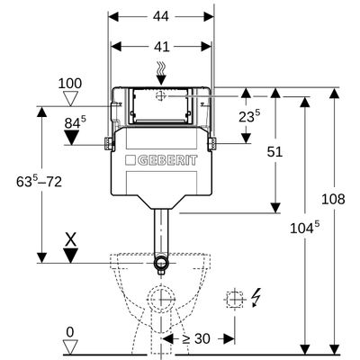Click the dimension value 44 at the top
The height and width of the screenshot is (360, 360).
161,16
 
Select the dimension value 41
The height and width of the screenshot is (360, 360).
162,47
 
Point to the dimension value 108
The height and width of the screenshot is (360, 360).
333,199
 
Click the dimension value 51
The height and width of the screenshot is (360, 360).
274,152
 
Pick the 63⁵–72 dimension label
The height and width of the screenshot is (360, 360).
39,181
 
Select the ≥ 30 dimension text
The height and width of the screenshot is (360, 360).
196,339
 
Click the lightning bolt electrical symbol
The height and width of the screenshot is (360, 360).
256,297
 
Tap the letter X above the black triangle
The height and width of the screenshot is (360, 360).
71,240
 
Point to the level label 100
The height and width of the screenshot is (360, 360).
70,84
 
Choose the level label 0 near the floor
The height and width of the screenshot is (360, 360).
70,332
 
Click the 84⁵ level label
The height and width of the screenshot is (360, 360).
75,122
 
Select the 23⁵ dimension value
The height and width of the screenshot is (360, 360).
249,116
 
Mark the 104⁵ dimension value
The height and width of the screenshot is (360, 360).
305,228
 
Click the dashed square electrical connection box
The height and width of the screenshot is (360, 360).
235,299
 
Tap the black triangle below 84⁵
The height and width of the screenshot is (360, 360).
71,138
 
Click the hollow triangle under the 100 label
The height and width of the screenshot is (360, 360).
71,99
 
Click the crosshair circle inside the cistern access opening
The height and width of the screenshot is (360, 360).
161,96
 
